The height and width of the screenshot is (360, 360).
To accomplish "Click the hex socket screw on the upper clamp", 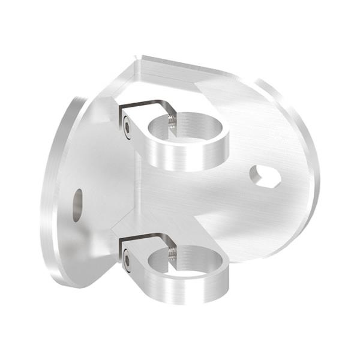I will click(x=127, y=126).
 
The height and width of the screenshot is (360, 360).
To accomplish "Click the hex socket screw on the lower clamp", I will click(x=127, y=260).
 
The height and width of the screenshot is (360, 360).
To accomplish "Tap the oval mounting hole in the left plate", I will click(x=77, y=205).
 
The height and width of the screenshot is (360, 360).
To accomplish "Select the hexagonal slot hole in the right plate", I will click(x=265, y=176).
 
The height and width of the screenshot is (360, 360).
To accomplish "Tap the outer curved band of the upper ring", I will click(x=192, y=157).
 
